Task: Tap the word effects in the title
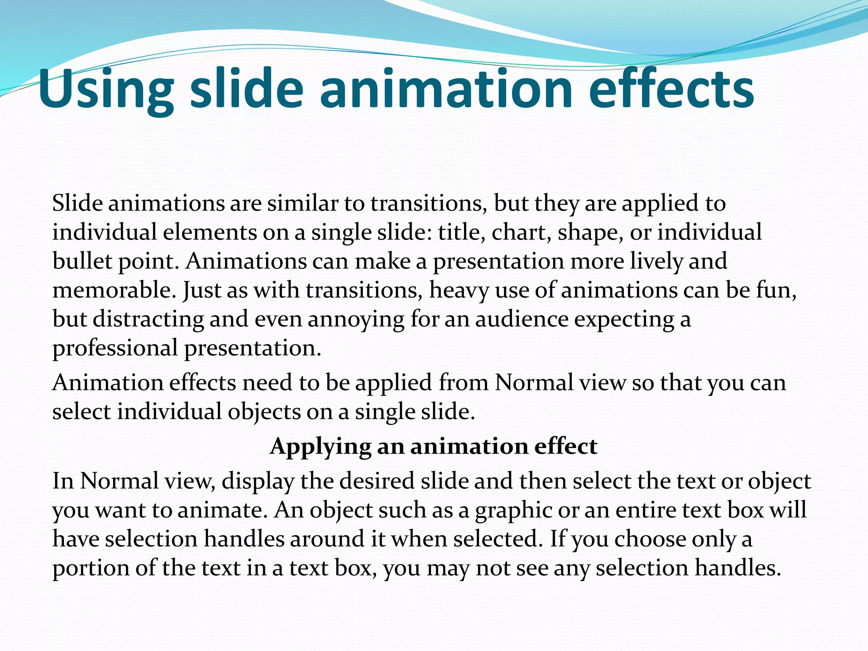coord(671,90)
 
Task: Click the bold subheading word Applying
coord(320,446)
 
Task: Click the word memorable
coord(114,290)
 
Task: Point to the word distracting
coord(148,319)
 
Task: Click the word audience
coord(522,319)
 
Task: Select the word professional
coord(115,349)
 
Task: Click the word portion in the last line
coord(91,568)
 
